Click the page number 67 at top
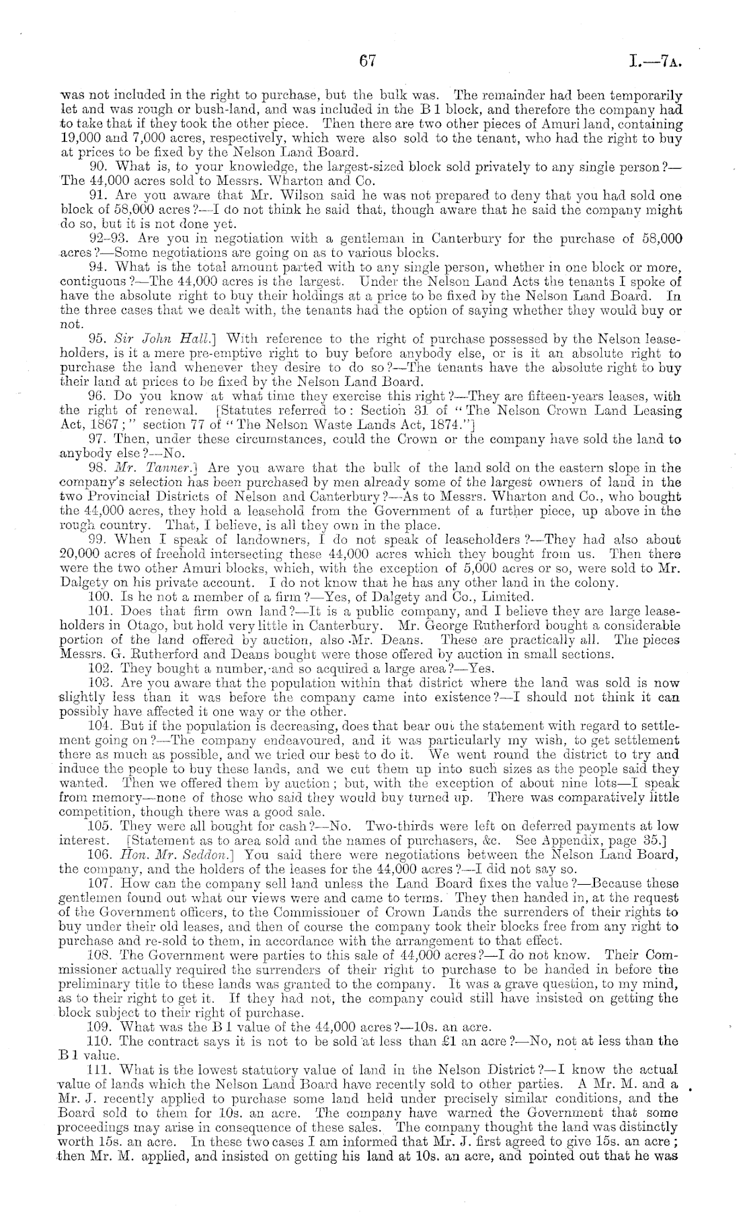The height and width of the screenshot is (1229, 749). point(366,62)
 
